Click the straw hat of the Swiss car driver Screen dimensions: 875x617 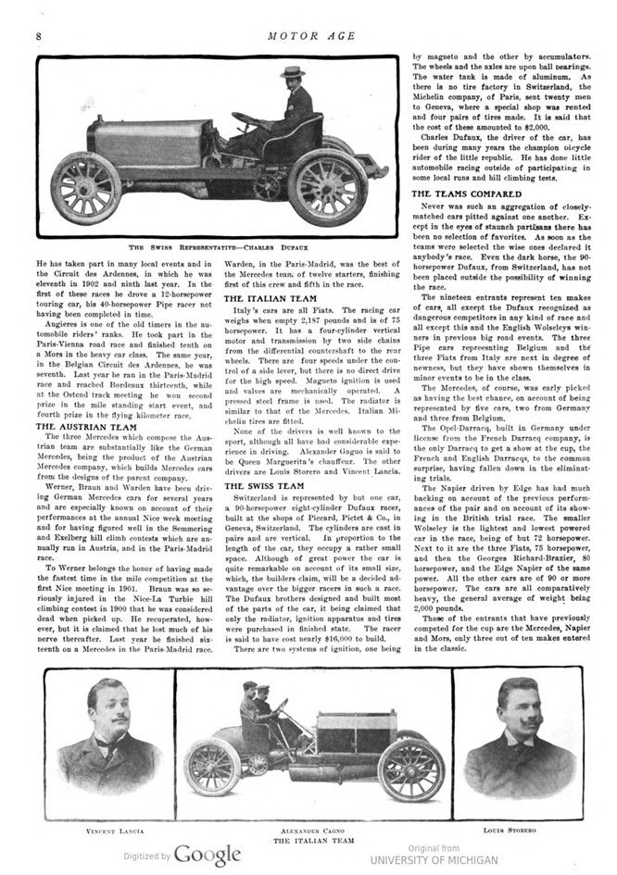pos(295,71)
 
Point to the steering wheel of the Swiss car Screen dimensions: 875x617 pos(246,119)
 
